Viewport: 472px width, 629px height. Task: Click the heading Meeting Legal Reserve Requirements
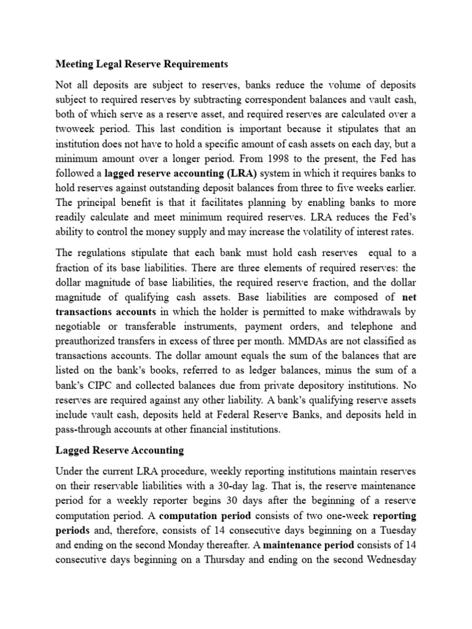[142, 64]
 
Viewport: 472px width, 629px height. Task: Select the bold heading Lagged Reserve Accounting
[120, 450]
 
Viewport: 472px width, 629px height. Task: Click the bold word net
[407, 295]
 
